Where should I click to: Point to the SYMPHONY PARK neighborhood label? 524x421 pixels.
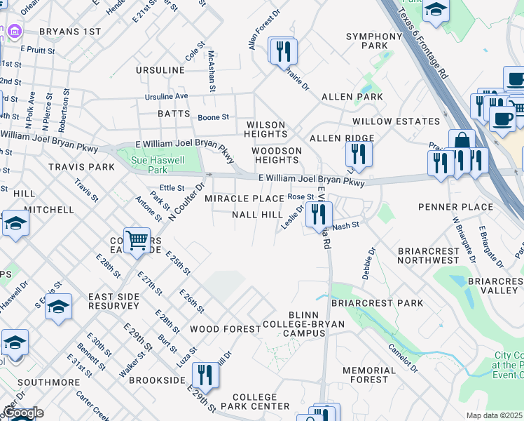[374, 41]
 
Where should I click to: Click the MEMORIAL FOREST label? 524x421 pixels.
[369, 375]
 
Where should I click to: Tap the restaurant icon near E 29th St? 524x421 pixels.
[205, 375]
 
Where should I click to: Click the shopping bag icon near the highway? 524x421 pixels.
[462, 143]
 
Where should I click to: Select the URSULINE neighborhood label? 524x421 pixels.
[160, 72]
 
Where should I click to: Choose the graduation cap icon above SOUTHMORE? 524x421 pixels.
[15, 342]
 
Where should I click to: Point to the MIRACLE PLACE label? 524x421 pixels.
[244, 199]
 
